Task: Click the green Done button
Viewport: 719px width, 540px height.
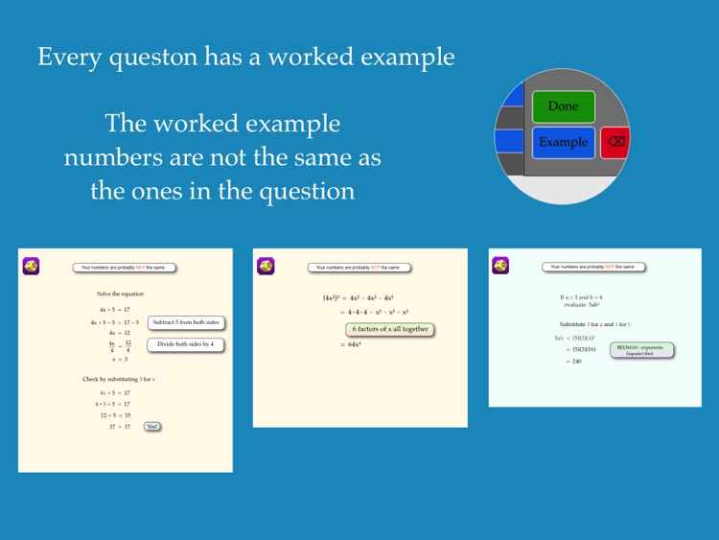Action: [x=564, y=106]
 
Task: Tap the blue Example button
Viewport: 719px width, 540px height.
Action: [x=564, y=142]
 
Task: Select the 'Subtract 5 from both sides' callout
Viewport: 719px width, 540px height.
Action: [x=186, y=322]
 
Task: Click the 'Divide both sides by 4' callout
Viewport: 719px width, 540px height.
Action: [x=186, y=343]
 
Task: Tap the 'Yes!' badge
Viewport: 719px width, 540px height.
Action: [x=151, y=426]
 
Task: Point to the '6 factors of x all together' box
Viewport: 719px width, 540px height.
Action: [x=389, y=329]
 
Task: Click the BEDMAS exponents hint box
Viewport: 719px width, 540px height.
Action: [x=641, y=350]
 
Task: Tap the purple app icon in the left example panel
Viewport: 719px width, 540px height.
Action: [x=32, y=266]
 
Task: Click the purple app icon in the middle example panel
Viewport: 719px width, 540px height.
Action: [x=267, y=266]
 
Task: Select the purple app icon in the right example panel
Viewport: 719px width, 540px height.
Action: [x=500, y=266]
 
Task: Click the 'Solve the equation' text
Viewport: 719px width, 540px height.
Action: [x=120, y=293]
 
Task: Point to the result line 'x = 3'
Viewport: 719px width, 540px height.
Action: [x=120, y=359]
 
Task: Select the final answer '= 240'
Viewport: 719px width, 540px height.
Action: [x=573, y=361]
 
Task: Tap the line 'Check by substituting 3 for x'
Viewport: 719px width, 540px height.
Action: [x=118, y=379]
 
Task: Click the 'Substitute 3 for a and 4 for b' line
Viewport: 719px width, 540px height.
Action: [x=595, y=324]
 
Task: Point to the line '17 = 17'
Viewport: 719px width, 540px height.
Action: [x=120, y=426]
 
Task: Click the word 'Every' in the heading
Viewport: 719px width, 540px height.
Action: [x=69, y=58]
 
